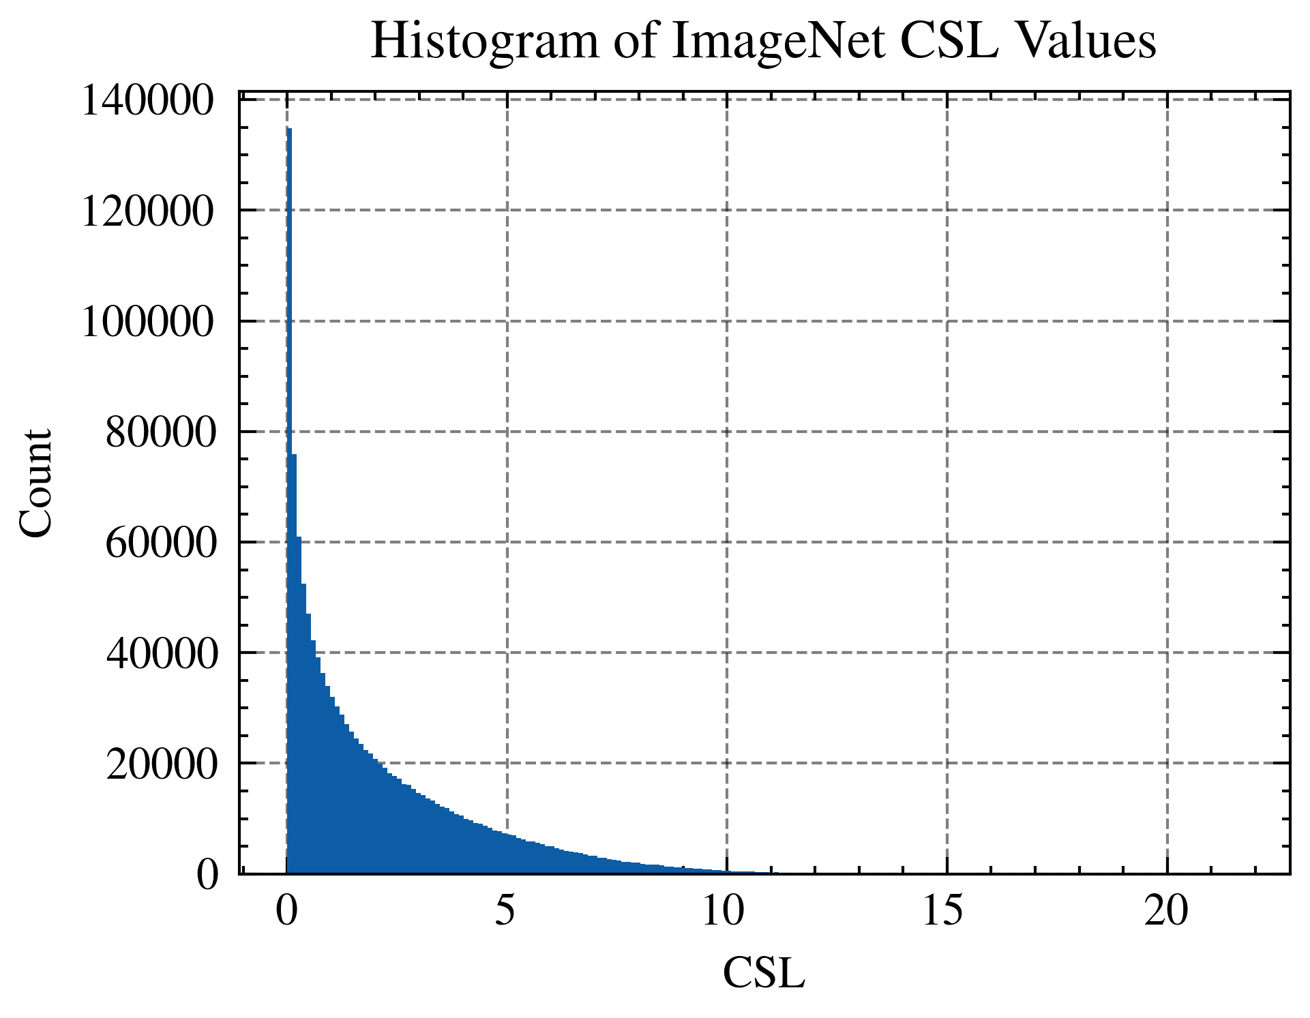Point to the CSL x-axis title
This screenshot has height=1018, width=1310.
[764, 973]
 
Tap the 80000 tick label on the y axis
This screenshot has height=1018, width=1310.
[160, 432]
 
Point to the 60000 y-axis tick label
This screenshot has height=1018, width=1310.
[160, 543]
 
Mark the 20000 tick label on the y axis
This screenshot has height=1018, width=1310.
[160, 764]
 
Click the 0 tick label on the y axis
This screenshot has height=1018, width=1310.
[207, 875]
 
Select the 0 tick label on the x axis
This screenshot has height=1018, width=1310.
[286, 911]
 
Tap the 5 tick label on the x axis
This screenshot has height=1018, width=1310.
[505, 911]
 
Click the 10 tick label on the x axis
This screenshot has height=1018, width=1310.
[726, 911]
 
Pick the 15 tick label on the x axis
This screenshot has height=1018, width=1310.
[945, 911]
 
